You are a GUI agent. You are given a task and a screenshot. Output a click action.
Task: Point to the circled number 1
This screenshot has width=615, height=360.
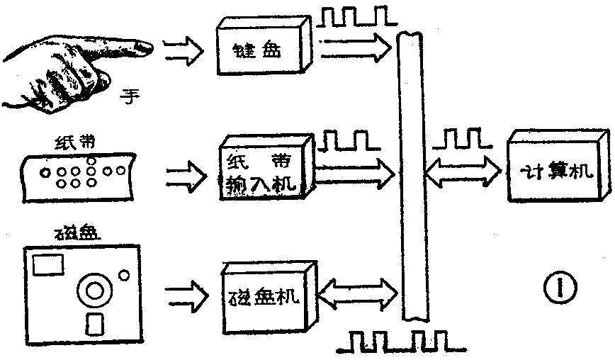(558, 288)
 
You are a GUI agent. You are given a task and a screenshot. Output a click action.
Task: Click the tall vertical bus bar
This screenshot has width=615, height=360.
(412, 177)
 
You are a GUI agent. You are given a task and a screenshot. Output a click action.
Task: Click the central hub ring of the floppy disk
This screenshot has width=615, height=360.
(94, 289)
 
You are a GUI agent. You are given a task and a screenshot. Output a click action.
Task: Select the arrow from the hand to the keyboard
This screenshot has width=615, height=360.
(181, 50)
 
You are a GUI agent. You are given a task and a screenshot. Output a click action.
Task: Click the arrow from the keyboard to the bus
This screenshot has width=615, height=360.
(354, 49)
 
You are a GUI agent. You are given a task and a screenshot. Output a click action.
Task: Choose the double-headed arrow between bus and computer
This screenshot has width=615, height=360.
(464, 170)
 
